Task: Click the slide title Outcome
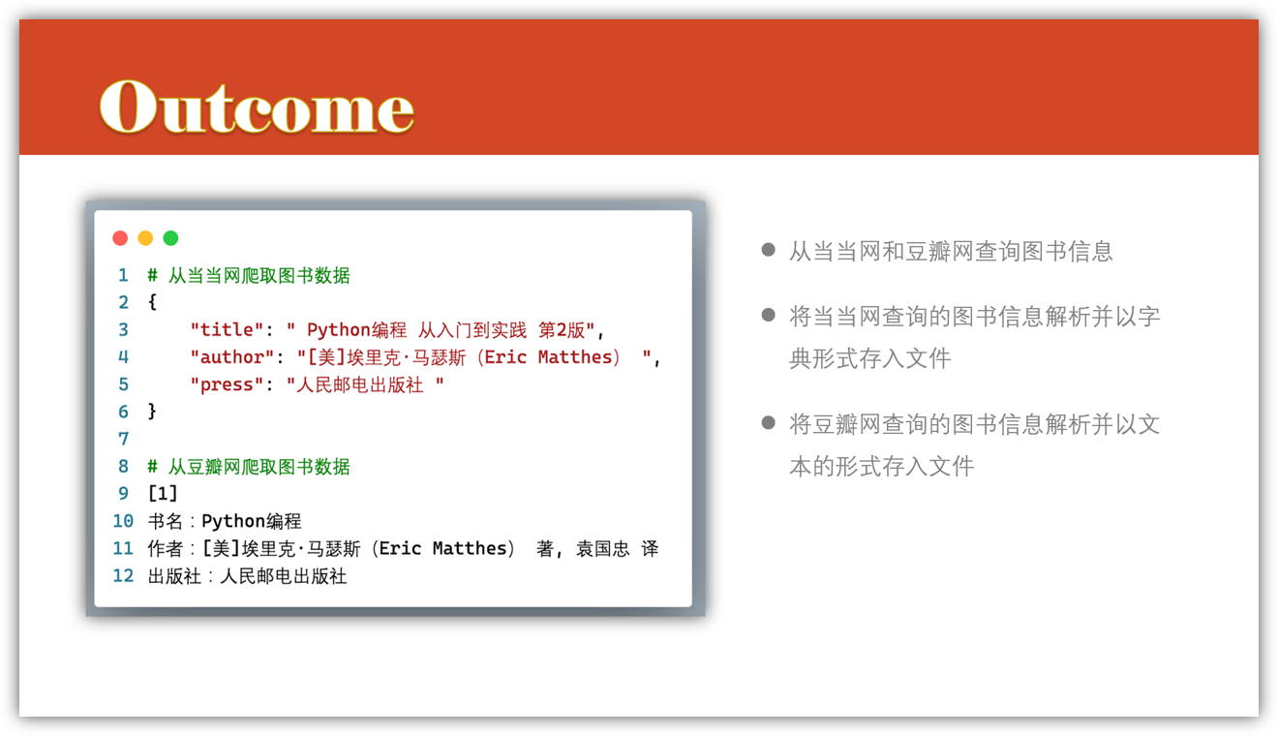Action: tap(257, 107)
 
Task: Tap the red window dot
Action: tap(120, 238)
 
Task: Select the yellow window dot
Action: tap(145, 238)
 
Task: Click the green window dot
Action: tap(170, 238)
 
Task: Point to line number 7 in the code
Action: tap(123, 439)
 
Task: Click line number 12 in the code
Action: tap(123, 575)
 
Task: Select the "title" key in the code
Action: tap(227, 329)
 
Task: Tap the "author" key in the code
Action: tap(232, 356)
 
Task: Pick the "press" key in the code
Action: tap(227, 383)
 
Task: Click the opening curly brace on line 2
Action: tap(152, 302)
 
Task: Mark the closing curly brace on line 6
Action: tap(152, 412)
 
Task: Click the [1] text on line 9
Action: tap(164, 493)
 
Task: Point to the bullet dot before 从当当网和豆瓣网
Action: tap(769, 249)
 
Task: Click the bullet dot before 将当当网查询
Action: tap(769, 315)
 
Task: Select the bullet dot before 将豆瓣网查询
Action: tap(769, 423)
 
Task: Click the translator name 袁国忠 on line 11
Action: tap(602, 548)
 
